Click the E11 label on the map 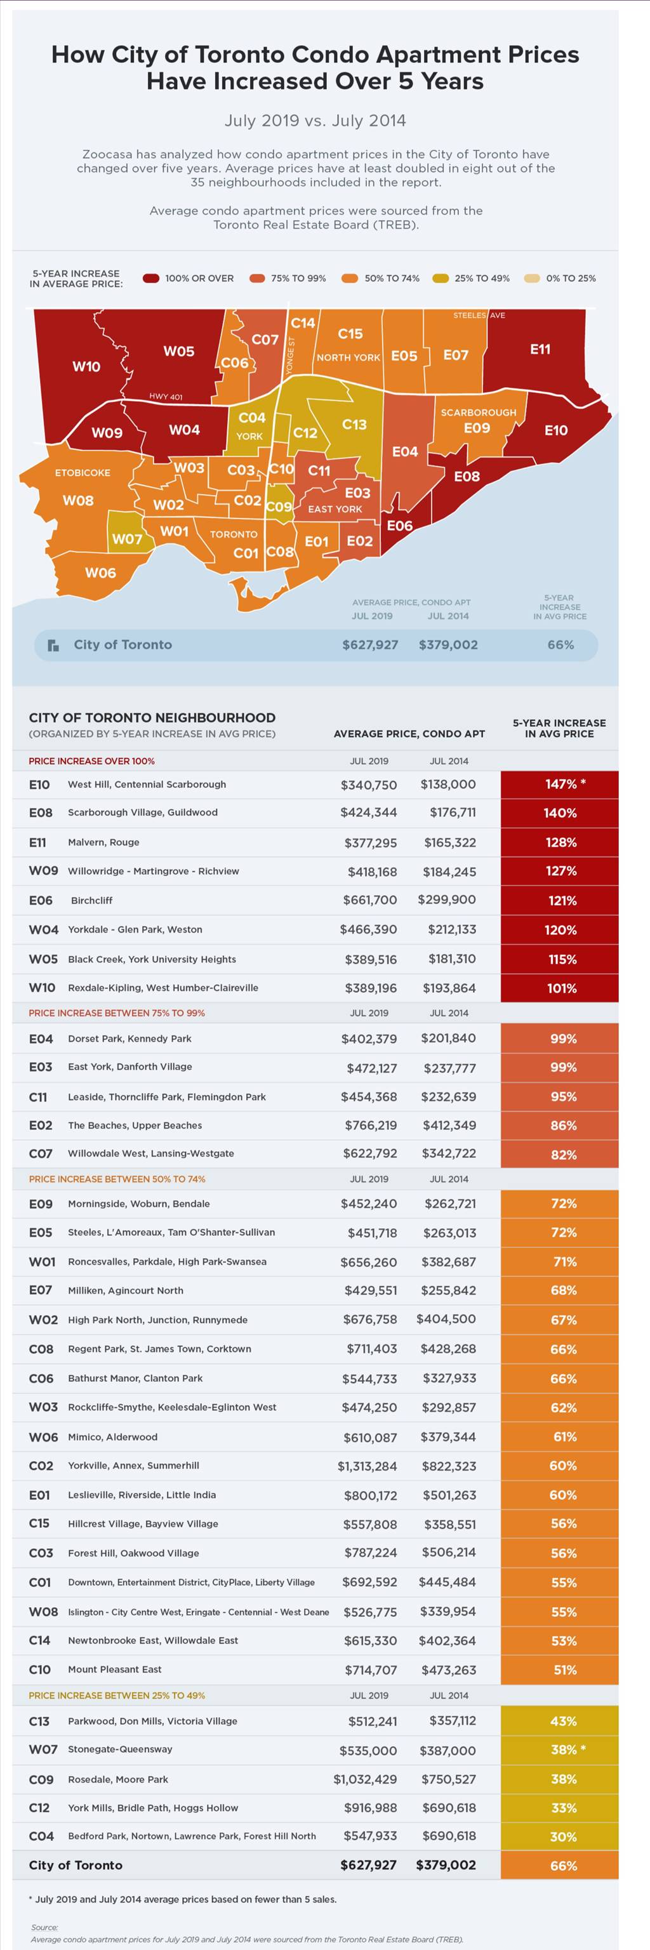[540, 349]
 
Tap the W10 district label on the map [86, 366]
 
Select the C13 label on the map [354, 425]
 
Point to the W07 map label [127, 539]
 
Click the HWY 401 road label [166, 397]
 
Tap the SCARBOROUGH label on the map [478, 413]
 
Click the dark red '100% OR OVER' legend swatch [151, 278]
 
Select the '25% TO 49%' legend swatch [441, 278]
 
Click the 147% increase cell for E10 [559, 784]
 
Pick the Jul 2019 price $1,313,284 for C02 [367, 1466]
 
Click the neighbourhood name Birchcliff [91, 900]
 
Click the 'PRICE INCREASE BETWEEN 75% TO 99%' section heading [117, 1013]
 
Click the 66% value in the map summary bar [560, 645]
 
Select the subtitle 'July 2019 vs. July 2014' [315, 121]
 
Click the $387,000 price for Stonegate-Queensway [448, 1751]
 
